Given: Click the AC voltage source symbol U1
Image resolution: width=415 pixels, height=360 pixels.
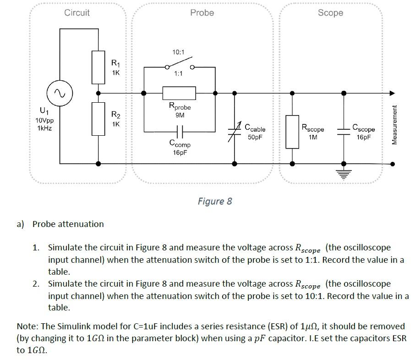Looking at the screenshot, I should click(x=60, y=93).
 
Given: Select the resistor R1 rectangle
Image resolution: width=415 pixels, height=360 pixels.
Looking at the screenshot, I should click(x=98, y=67).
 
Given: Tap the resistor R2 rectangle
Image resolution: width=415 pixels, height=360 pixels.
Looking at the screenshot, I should click(x=98, y=119).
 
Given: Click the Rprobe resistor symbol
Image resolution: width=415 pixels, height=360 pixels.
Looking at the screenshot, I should click(x=179, y=93).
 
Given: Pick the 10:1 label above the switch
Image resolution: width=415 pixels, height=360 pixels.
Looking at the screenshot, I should click(x=178, y=52).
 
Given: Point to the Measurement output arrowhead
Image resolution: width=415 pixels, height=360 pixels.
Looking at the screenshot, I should click(x=391, y=93).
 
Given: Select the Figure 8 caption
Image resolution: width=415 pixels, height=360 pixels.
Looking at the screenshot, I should click(x=215, y=201).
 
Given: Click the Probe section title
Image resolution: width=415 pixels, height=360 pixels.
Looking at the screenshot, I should click(x=202, y=13).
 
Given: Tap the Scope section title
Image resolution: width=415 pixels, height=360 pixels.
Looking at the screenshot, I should click(x=330, y=13).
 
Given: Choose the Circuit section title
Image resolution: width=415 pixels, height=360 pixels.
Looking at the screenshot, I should click(x=77, y=13).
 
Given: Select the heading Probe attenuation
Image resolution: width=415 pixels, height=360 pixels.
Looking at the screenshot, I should click(x=68, y=224).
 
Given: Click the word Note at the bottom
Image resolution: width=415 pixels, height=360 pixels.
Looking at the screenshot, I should click(x=27, y=327).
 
